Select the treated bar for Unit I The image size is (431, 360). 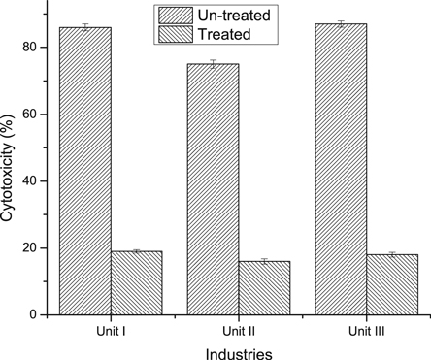coord(136,282)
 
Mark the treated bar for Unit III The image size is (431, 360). coord(391,284)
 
